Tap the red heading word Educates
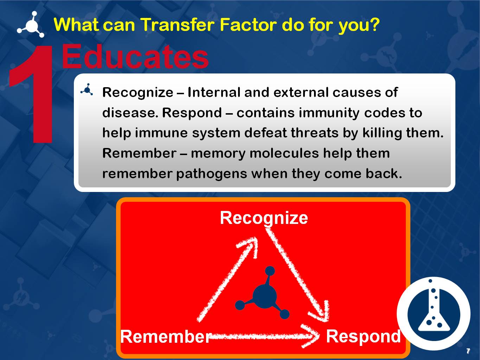pyautogui.click(x=135, y=57)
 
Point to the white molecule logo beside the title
pyautogui.click(x=31, y=25)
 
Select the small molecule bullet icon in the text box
pyautogui.click(x=87, y=90)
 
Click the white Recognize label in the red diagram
pyautogui.click(x=264, y=218)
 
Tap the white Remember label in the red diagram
pyautogui.click(x=166, y=336)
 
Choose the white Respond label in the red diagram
pyautogui.click(x=363, y=336)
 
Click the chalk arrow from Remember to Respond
pyautogui.click(x=264, y=336)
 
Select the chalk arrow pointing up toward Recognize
pyautogui.click(x=229, y=278)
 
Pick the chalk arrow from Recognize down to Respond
pyautogui.click(x=299, y=278)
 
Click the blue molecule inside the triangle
pyautogui.click(x=264, y=295)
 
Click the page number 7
pyautogui.click(x=468, y=351)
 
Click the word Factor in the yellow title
pyautogui.click(x=248, y=25)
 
